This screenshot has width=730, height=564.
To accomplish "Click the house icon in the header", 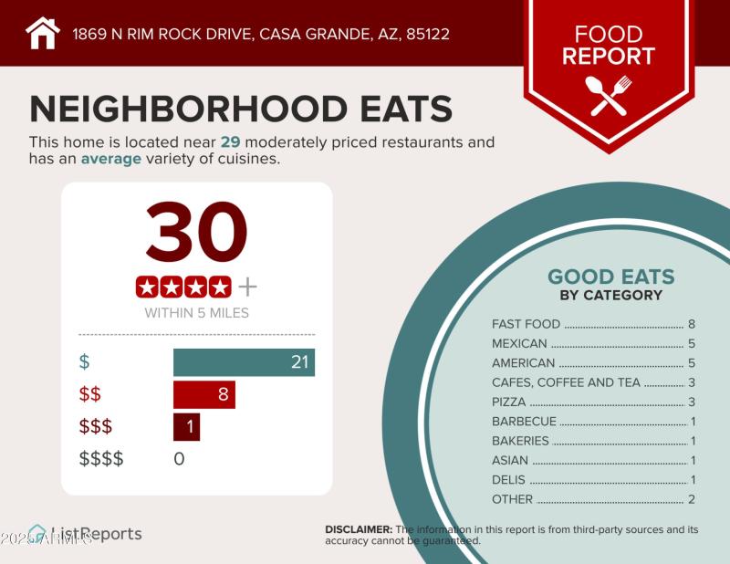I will click(42, 33).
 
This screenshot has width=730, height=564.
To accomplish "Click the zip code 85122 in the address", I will click(425, 35).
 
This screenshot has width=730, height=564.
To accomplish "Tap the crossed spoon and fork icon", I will click(609, 95).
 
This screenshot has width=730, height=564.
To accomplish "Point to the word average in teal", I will click(111, 159).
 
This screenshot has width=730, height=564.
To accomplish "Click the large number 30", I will click(196, 233).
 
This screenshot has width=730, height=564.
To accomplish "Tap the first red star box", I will click(147, 287).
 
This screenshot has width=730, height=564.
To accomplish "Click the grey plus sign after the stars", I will click(247, 287).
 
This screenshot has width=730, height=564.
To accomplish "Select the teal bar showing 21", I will click(244, 361).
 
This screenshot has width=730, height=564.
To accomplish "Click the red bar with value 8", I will click(204, 394).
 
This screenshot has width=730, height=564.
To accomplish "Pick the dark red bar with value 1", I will click(186, 426).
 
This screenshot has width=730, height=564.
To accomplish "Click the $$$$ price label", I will click(100, 458).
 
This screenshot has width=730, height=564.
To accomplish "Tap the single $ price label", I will click(85, 361).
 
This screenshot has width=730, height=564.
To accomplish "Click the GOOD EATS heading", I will click(610, 277).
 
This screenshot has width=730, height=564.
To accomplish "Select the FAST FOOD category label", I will click(526, 324).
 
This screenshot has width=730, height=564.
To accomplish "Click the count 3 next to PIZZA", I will click(692, 402).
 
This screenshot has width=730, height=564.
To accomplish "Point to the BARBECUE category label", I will click(524, 422).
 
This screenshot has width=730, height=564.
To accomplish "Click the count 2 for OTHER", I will click(692, 499).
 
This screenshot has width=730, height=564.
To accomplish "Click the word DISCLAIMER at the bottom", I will click(359, 529).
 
